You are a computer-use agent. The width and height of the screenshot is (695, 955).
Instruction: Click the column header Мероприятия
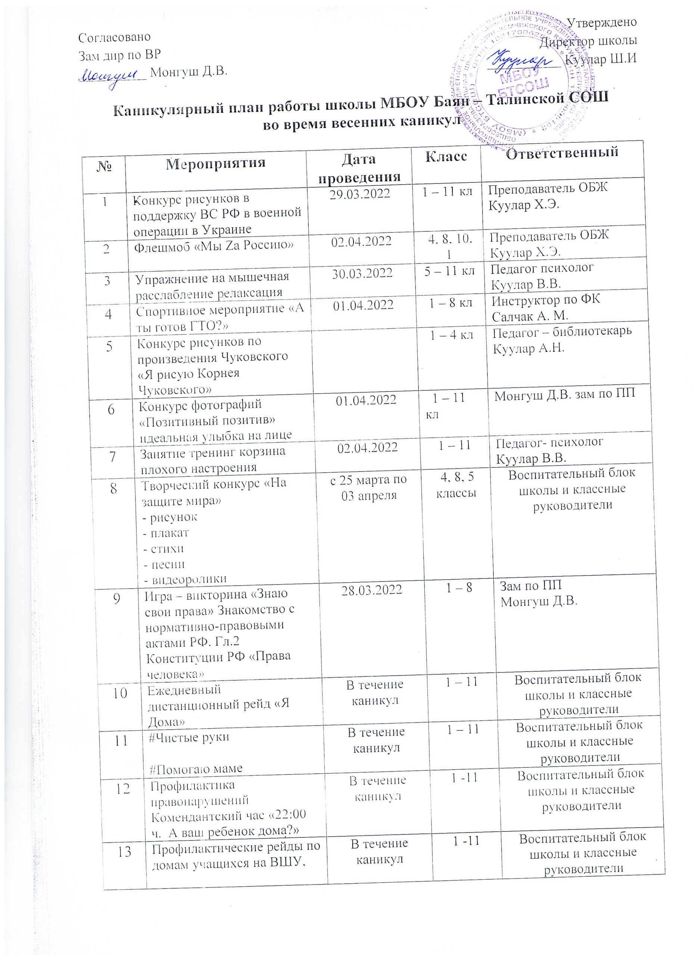[215, 163]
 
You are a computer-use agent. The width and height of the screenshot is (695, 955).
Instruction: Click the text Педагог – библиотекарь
[562, 331]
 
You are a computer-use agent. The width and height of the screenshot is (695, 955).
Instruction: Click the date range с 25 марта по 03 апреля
[369, 487]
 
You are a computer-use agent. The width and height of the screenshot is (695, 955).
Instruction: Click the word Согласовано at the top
[115, 37]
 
